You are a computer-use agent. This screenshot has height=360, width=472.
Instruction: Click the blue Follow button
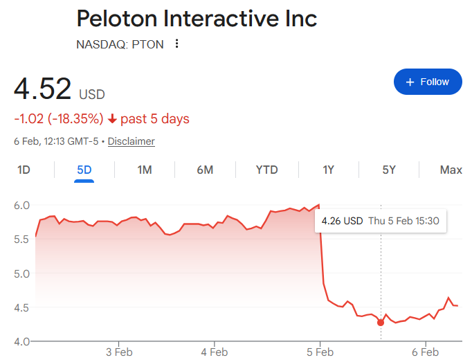427,82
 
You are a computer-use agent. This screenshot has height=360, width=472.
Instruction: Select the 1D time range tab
24,170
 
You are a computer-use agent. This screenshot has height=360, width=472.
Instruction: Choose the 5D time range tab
84,170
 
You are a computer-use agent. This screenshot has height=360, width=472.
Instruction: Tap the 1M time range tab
144,170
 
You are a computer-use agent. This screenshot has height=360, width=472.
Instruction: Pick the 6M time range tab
205,170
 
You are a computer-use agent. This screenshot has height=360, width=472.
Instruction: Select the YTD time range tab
266,170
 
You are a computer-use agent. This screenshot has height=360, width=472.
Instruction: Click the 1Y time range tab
329,170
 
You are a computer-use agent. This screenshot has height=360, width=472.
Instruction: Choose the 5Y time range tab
389,170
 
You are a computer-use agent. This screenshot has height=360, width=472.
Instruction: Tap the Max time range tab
451,170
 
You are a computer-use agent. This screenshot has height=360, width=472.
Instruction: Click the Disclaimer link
131,141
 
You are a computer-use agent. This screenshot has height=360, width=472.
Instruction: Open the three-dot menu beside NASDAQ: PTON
177,44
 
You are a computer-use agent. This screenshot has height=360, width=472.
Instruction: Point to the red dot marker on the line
381,323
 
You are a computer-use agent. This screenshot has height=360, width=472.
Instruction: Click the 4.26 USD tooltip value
342,222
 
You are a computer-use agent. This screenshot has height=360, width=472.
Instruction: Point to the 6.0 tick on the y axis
21,205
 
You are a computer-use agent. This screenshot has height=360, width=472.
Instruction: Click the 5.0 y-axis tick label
21,273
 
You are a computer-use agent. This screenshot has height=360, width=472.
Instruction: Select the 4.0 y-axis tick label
21,341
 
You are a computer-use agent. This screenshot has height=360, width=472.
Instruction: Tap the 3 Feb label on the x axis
118,352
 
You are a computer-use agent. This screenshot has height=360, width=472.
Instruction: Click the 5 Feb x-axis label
320,352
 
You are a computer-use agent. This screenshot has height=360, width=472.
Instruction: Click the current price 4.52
43,89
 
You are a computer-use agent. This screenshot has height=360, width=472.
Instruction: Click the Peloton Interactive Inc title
197,18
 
